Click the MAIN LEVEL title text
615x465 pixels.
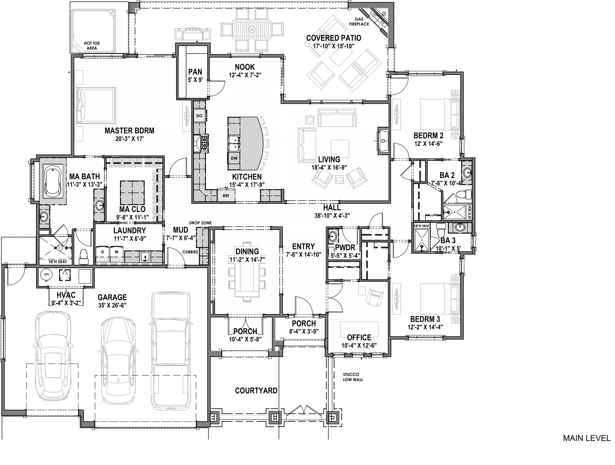pos(586,438)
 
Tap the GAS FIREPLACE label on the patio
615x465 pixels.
pos(359,21)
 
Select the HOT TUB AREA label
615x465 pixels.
pos(92,45)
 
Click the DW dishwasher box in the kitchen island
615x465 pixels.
pos(234,158)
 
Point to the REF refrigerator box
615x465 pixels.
pos(226,196)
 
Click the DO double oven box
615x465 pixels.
pos(199,116)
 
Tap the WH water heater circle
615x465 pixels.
pos(47,274)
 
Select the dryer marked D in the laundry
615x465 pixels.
pos(102,252)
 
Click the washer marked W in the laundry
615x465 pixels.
pos(117,252)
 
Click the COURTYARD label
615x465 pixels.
pos(256,390)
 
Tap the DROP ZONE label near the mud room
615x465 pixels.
pos(200,223)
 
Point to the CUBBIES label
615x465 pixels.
pos(190,252)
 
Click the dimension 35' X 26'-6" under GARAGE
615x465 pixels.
pos(112,305)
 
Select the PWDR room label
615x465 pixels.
pos(345,248)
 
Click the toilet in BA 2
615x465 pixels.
pos(463,194)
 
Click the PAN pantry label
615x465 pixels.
pos(195,72)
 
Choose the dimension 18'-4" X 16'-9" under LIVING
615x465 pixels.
pos(329,167)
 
